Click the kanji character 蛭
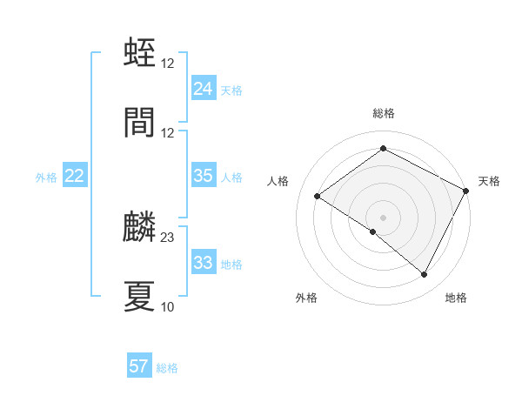pos(140,53)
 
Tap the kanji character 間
pos(140,123)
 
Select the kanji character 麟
pos(140,227)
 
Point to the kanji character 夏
pos(140,297)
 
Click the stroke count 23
pos(168,237)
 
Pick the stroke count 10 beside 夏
pos(168,306)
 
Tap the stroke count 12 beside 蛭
pos(168,63)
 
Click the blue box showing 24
pos(203,89)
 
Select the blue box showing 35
pos(203,176)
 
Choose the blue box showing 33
pos(203,263)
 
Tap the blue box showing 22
pos(75,176)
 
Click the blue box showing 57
pos(139,366)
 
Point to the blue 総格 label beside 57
pos(167,368)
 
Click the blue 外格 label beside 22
pos(46,178)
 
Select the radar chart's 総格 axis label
pos(384,113)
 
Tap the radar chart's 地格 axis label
pos(456,298)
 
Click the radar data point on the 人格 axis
pos(318,196)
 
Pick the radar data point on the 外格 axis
pos(373,231)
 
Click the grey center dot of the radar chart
pos(384,217)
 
